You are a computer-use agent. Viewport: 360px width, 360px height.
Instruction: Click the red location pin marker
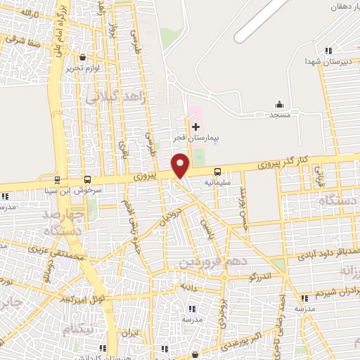181,165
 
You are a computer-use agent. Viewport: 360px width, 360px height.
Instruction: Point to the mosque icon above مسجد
279,104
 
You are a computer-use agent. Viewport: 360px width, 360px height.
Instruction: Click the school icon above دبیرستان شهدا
328,50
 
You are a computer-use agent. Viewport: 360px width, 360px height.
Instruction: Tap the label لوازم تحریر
82,67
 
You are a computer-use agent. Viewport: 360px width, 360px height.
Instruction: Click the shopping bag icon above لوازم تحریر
83,58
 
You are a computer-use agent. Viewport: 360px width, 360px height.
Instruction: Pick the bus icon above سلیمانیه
217,171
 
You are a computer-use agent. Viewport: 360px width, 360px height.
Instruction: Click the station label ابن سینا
56,190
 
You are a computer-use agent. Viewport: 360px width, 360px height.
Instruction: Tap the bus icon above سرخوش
87,179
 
